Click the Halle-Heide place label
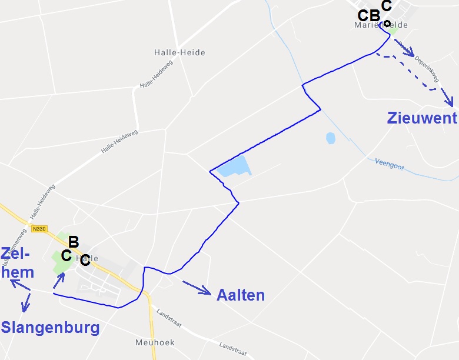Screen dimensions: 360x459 [x=179, y=52]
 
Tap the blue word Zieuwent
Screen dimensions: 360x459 [x=422, y=118]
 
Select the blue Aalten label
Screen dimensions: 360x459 [x=241, y=295]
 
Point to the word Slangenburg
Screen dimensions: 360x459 [x=51, y=328]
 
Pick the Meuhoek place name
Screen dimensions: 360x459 [x=154, y=342]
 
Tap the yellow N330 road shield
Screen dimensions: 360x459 [x=40, y=229]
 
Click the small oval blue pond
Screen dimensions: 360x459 [x=330, y=139]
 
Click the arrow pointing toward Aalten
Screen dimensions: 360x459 [x=197, y=287]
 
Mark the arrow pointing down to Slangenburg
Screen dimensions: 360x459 [x=25, y=304]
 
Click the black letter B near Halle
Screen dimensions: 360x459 [x=74, y=242]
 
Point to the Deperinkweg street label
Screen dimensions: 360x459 [x=426, y=68]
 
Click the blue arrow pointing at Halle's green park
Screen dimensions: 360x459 [x=58, y=280]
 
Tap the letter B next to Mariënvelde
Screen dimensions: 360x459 [x=374, y=16]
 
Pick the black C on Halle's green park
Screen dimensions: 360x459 [x=66, y=256]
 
